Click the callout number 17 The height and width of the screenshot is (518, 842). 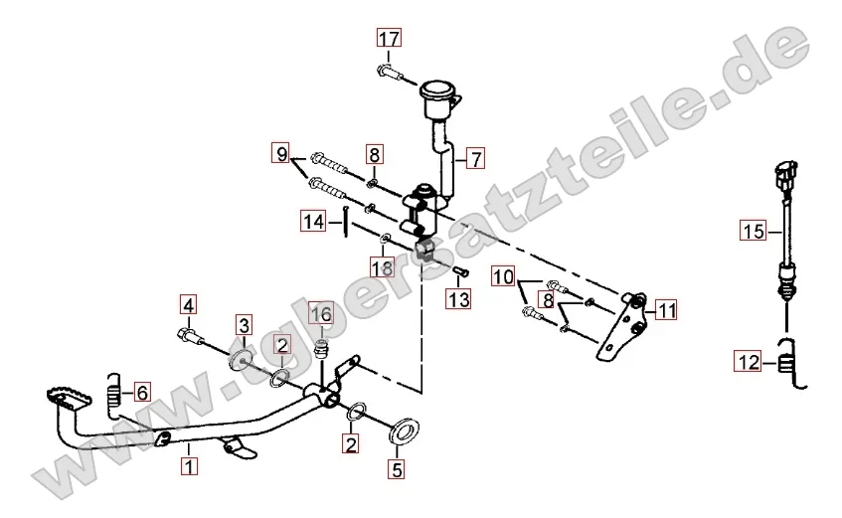coord(389,39)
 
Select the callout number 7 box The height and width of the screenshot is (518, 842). coord(475,159)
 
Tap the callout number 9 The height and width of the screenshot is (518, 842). coord(282,154)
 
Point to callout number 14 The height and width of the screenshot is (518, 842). coord(314,222)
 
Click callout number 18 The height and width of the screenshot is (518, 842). coord(383,267)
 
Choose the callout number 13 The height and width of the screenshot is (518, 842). coord(458,298)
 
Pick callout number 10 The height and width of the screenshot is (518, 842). coord(503,276)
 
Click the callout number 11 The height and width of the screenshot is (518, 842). coord(666,310)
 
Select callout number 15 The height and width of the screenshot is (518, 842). coord(754,231)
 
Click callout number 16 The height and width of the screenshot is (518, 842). coord(320,313)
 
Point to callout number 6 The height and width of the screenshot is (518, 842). coord(142,393)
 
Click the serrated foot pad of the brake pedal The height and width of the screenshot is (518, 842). coord(68,397)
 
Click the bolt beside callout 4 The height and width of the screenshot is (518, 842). coord(190,336)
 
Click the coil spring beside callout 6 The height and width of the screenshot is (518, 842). coord(113,398)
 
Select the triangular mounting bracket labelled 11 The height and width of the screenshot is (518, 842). coord(623,327)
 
